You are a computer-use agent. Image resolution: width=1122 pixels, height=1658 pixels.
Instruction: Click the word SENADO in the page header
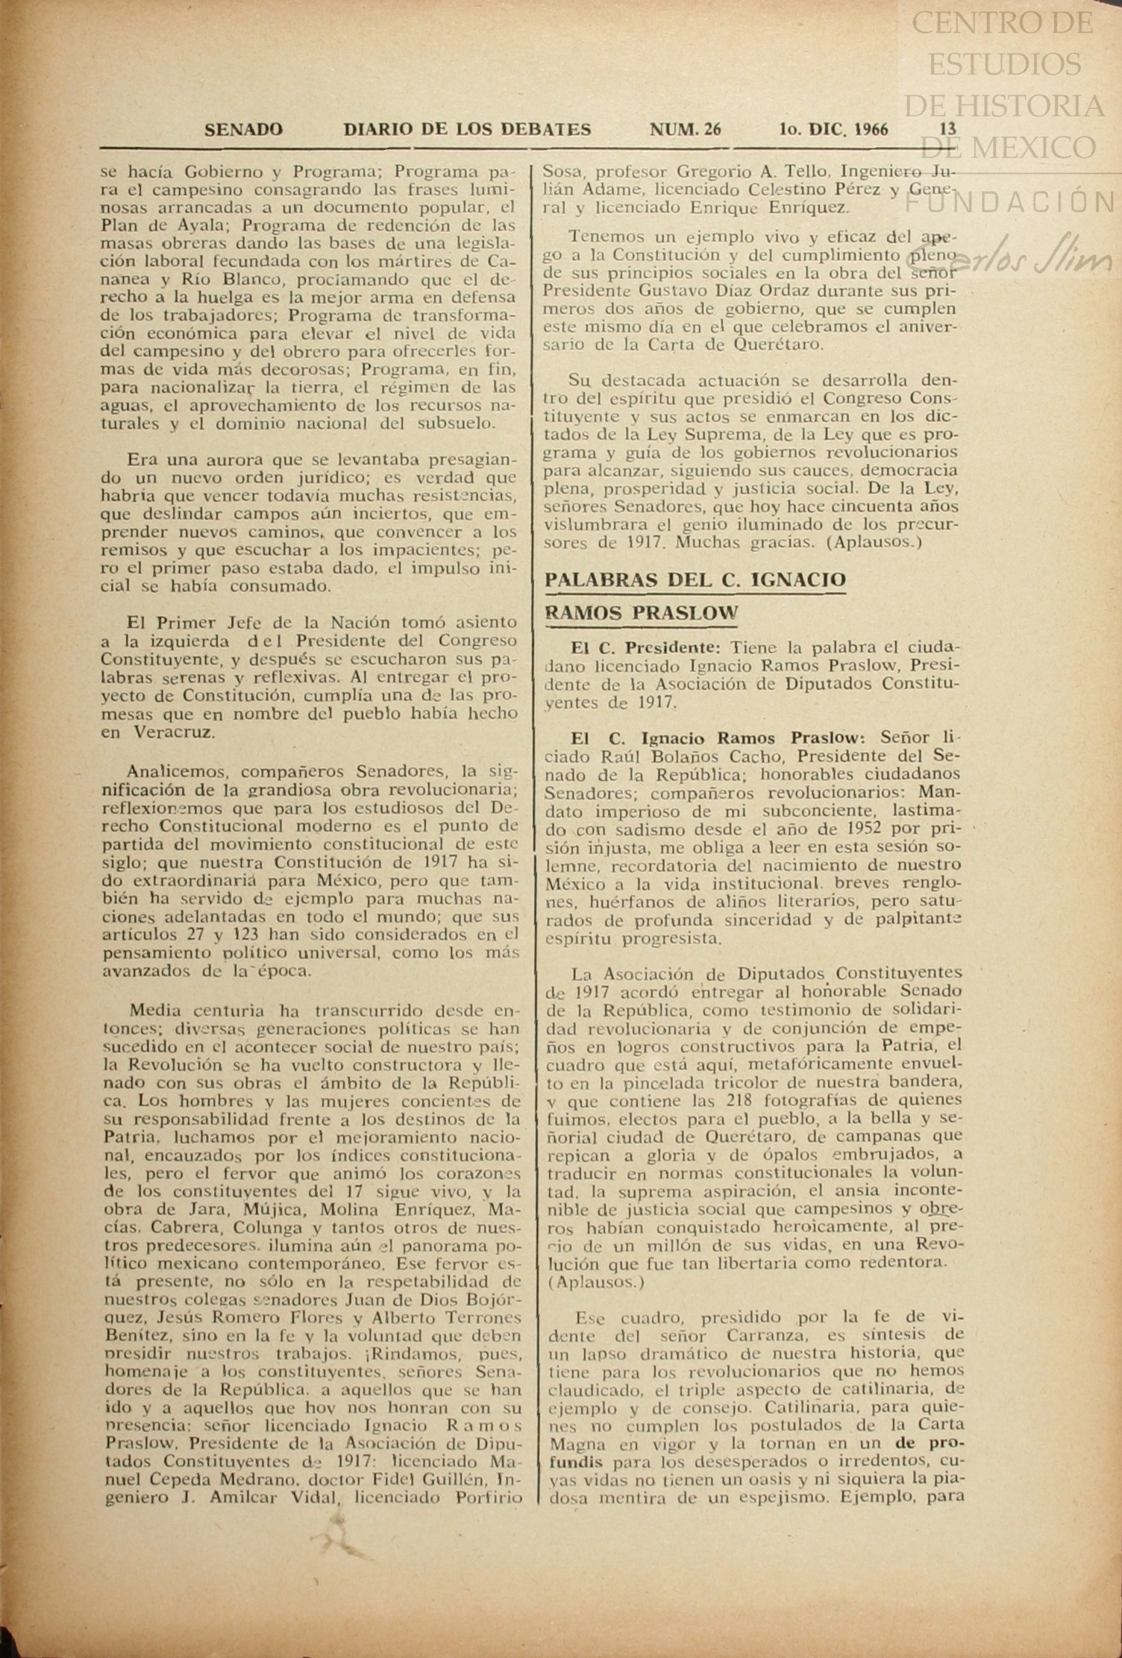[x=244, y=130]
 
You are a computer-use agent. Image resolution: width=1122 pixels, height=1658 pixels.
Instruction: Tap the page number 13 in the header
[x=947, y=129]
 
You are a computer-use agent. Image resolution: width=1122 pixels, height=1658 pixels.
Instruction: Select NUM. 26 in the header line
[x=686, y=130]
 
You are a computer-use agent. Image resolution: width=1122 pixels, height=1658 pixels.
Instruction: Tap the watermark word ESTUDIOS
[x=1004, y=64]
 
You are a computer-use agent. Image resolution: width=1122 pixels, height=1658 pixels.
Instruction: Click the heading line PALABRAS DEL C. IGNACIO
[x=695, y=580]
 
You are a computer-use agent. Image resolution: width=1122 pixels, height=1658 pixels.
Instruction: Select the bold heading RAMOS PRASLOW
[x=641, y=613]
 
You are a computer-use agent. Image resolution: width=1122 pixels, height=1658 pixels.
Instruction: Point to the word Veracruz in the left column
[x=169, y=732]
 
